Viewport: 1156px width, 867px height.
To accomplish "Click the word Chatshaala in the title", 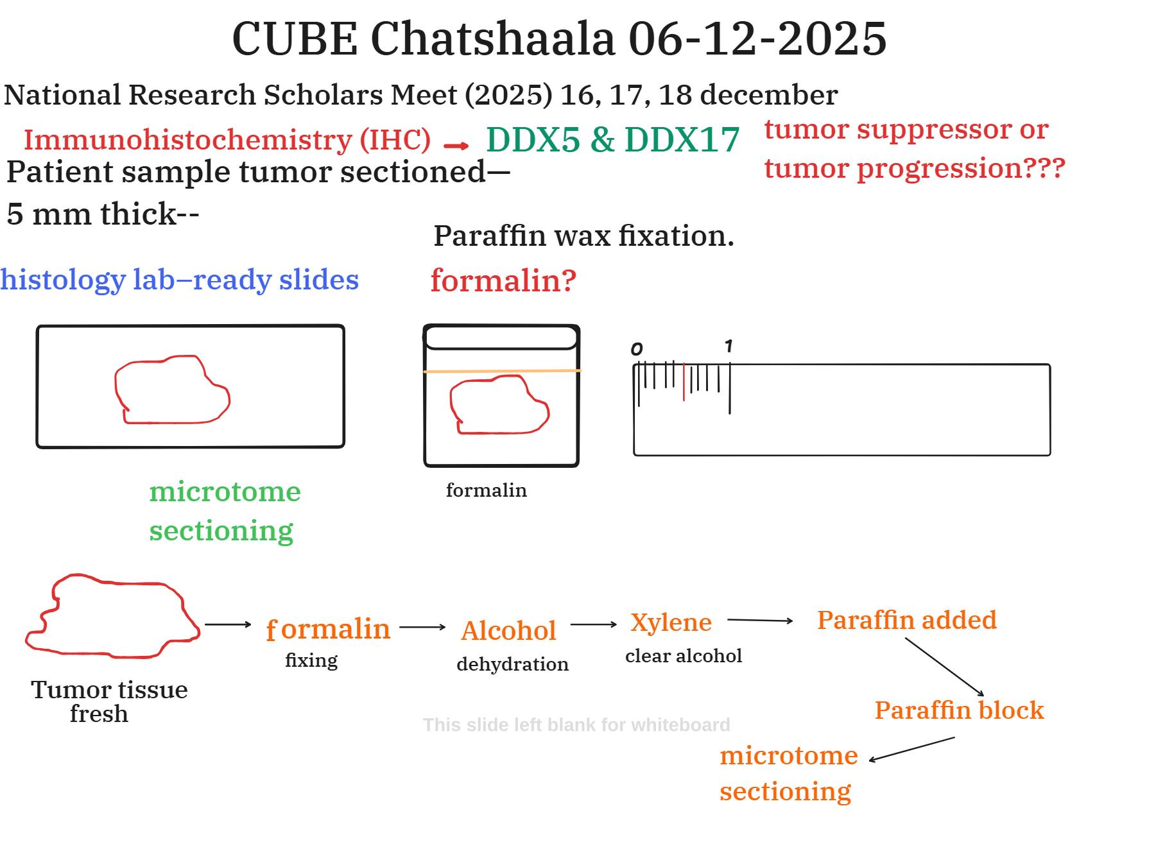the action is pyautogui.click(x=493, y=39).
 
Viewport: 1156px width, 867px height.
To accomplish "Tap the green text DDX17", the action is pyautogui.click(x=682, y=139).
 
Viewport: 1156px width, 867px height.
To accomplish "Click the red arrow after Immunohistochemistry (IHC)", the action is pyautogui.click(x=456, y=146).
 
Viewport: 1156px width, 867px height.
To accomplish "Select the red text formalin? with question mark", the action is pyautogui.click(x=503, y=280).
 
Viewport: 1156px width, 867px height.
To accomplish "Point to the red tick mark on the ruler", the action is pyautogui.click(x=684, y=382).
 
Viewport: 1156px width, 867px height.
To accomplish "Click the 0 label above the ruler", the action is pyautogui.click(x=636, y=348).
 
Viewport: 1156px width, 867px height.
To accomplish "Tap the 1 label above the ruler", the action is pyautogui.click(x=729, y=347).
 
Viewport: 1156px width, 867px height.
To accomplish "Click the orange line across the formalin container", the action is pyautogui.click(x=502, y=371).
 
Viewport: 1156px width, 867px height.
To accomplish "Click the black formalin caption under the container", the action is pyautogui.click(x=487, y=490).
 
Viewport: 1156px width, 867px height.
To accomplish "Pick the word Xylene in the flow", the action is pyautogui.click(x=671, y=622).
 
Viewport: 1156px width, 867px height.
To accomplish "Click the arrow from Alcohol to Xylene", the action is pyautogui.click(x=594, y=624).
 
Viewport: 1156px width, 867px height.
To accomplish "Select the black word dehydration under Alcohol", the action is pyautogui.click(x=513, y=664).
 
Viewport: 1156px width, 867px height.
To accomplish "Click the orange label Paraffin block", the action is pyautogui.click(x=959, y=710).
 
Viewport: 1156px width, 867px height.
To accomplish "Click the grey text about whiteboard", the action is pyautogui.click(x=576, y=725).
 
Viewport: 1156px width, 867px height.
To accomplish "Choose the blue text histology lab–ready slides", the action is pyautogui.click(x=180, y=280).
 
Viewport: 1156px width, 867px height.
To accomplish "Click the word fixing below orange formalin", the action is pyautogui.click(x=311, y=660).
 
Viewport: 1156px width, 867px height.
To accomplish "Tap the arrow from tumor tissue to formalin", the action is pyautogui.click(x=228, y=624).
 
